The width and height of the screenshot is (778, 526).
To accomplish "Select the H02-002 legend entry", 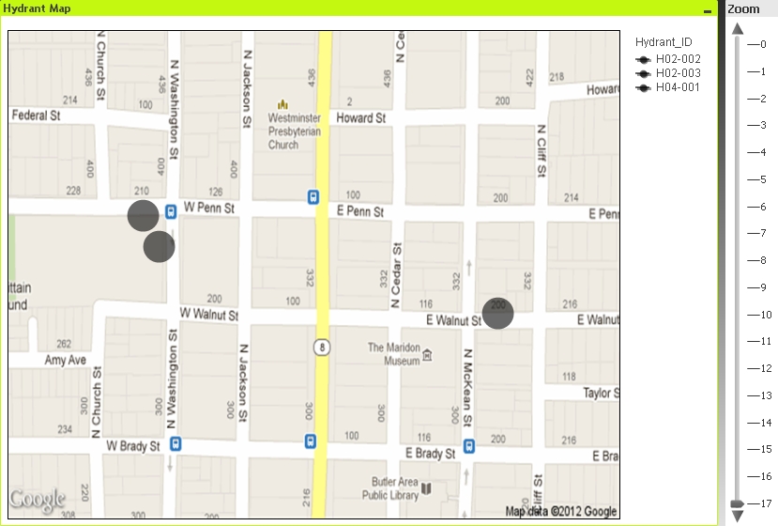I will tap(678, 58).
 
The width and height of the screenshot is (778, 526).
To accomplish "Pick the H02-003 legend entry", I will tap(678, 73).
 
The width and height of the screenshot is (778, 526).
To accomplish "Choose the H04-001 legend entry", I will tap(678, 88).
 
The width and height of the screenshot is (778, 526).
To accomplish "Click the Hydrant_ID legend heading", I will tap(664, 42).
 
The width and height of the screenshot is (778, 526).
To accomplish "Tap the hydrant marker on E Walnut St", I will tap(498, 314).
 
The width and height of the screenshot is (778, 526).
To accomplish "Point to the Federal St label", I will tap(36, 116).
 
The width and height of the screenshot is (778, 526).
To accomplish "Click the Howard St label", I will tap(361, 119).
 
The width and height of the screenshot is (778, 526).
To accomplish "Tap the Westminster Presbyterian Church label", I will tap(295, 131).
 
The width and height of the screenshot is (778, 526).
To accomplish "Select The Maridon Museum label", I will tap(393, 354).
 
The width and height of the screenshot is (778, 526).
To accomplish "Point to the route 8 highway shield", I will tap(322, 348).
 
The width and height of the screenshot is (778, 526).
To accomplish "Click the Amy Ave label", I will tap(65, 361).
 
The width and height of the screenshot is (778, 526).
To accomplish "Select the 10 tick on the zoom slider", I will tap(761, 315).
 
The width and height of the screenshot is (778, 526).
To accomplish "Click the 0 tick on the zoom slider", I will tap(761, 44).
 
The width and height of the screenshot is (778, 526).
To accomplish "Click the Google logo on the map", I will tap(38, 500).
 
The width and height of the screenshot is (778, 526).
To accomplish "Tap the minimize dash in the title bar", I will tap(707, 9).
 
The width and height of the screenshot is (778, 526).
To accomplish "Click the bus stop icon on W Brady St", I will tap(176, 443).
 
